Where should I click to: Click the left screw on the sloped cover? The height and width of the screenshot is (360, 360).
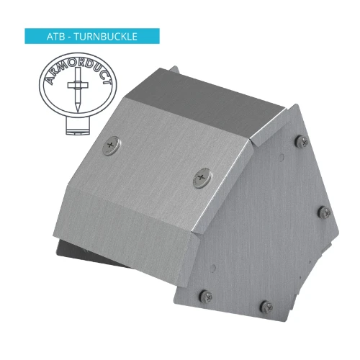tap(110, 146)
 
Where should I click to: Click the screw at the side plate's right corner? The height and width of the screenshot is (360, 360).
tap(325, 211)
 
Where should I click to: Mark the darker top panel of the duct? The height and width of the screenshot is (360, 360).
tap(209, 101)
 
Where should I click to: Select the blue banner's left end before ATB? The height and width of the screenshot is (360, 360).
tap(32, 35)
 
